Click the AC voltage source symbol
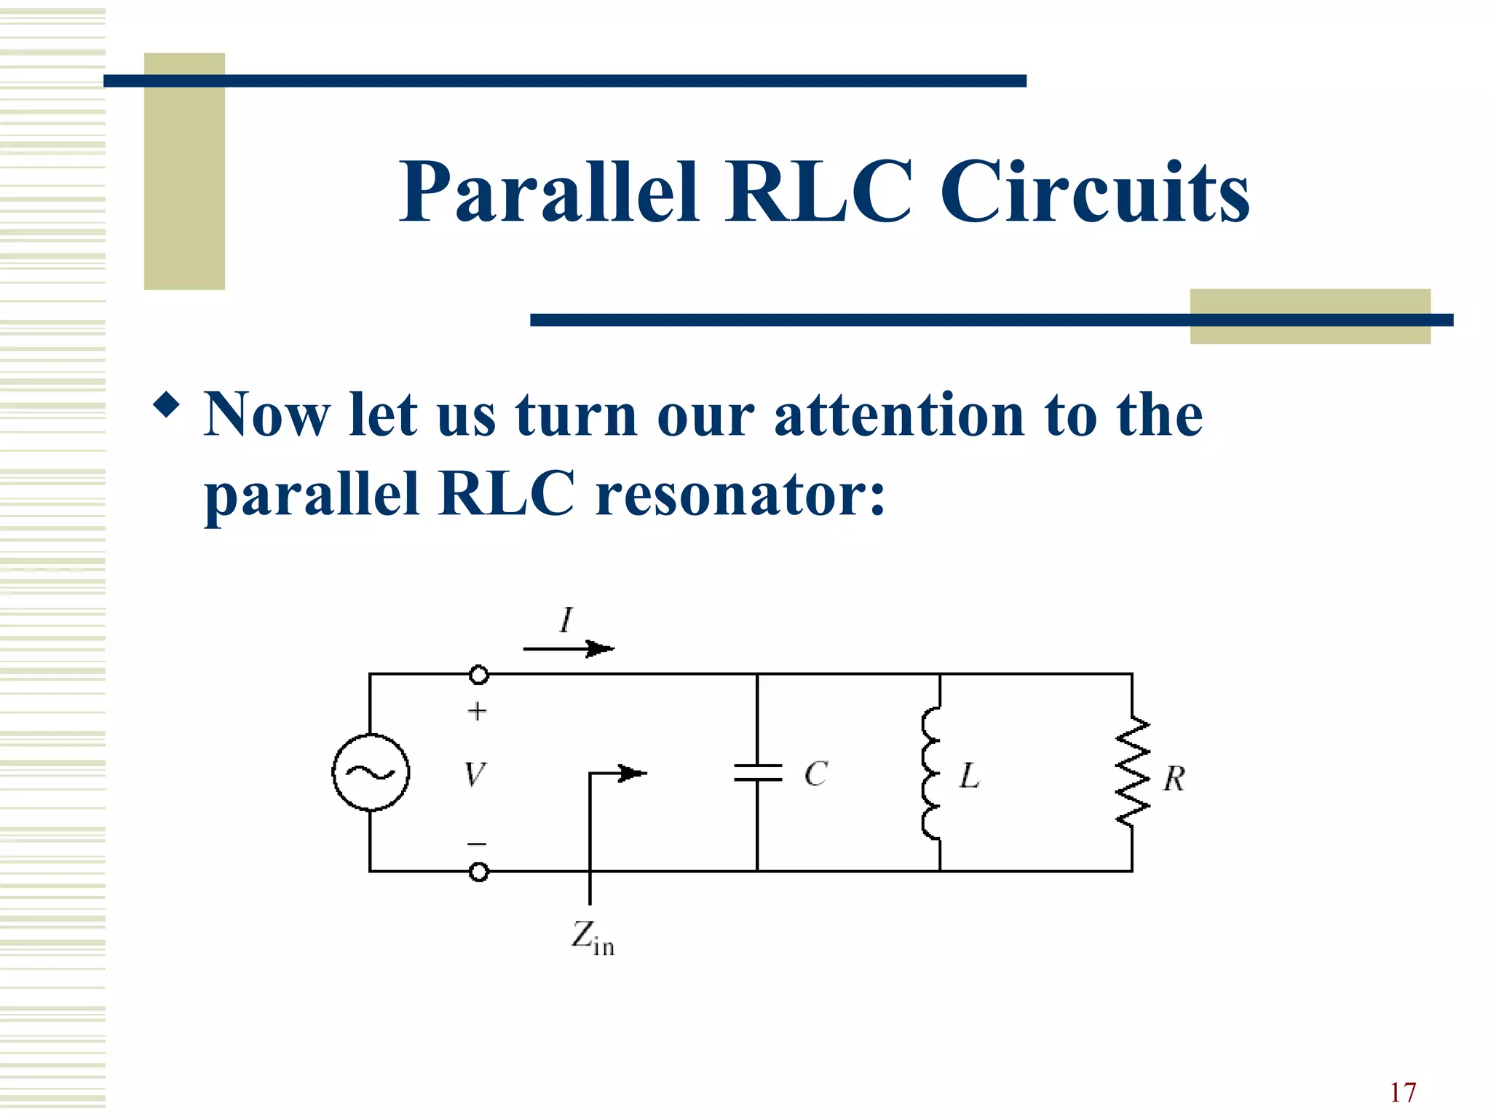[x=371, y=772]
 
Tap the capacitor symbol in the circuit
[x=757, y=773]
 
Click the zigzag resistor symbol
[x=1133, y=772]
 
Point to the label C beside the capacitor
[x=816, y=774]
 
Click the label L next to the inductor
[x=969, y=776]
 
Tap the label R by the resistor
[x=1174, y=779]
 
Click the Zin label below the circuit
[x=592, y=938]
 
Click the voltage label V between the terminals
[x=475, y=774]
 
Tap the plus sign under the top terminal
[x=477, y=711]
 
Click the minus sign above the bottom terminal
[x=477, y=844]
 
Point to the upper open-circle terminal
[x=478, y=675]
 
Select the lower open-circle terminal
[x=478, y=871]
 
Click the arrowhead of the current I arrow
[x=601, y=648]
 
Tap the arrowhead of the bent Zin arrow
[x=633, y=774]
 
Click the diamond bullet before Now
[x=167, y=405]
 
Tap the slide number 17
[x=1402, y=1092]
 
